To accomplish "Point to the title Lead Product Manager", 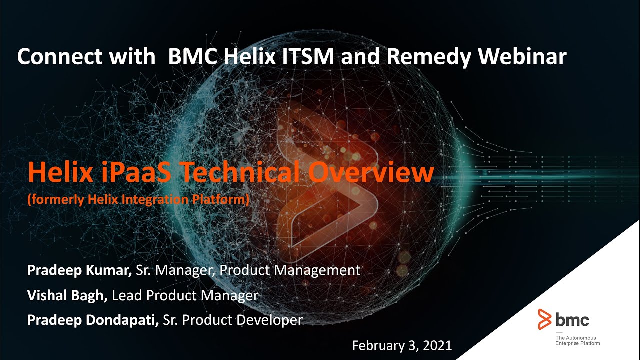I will click(185, 295).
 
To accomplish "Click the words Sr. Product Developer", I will click(233, 320).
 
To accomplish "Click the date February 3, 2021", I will click(402, 345).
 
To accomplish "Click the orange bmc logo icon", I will click(545, 319).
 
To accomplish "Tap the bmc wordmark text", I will click(572, 319).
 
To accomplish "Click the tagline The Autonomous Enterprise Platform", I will click(577, 341).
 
